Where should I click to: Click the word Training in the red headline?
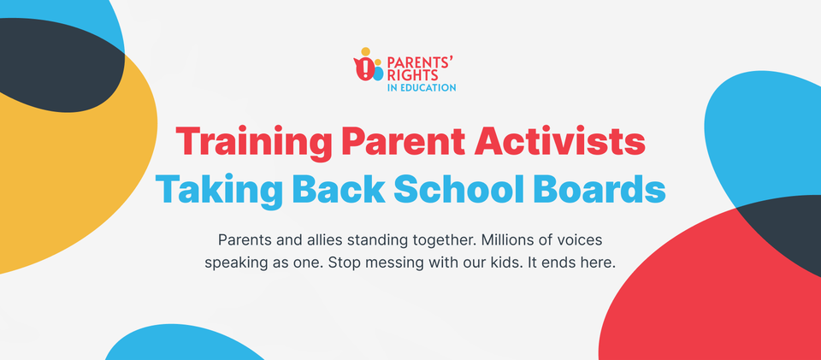click(253, 141)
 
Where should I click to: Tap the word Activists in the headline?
click(559, 140)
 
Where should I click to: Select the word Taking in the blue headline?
click(219, 190)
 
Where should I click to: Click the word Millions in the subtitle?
click(503, 240)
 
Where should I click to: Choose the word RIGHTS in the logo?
click(405, 75)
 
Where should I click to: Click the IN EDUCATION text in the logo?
click(422, 88)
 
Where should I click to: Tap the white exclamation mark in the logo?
click(365, 69)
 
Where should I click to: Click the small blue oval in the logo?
click(378, 74)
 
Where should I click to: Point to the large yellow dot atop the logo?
click(365, 52)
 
